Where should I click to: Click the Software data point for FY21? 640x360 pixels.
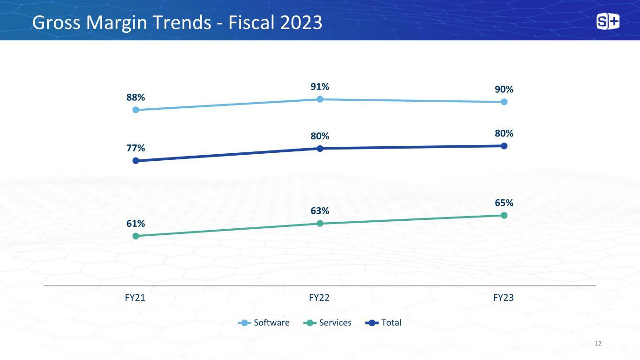coord(136,110)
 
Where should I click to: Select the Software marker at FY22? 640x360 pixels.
coord(320,99)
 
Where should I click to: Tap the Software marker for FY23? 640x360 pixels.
coord(504,102)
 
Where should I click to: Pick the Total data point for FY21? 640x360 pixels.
coord(136,161)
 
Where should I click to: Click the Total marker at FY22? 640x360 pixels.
coord(320,149)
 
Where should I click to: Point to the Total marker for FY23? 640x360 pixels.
coord(504,146)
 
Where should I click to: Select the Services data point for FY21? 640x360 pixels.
coord(136,236)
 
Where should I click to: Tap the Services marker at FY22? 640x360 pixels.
coord(320,224)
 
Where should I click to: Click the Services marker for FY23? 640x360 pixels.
coord(504,216)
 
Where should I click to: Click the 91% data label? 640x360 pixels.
coord(320,87)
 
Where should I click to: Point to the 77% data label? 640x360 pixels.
coord(136,148)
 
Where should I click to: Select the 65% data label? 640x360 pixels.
coord(504,203)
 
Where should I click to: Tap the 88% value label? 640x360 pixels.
coord(136,97)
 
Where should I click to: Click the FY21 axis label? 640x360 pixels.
coord(135,298)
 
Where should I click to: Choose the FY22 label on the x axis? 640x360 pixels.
coord(319,298)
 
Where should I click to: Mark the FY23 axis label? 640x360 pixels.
coord(503,298)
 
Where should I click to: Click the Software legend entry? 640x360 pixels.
coord(264,323)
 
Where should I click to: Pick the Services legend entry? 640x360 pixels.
coord(327,323)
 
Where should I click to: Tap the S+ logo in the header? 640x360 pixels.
coord(608,22)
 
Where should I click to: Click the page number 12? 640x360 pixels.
coord(598,344)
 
